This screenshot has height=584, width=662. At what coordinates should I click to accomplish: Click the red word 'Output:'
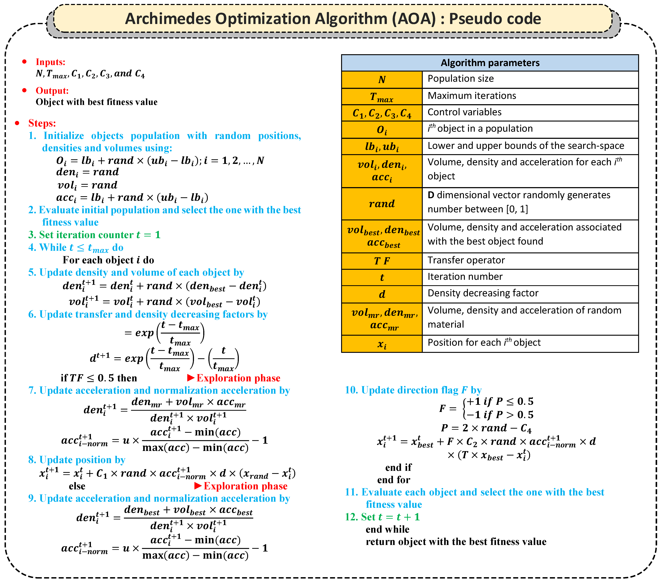tap(52, 91)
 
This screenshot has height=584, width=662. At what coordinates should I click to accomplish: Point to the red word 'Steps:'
tap(42, 123)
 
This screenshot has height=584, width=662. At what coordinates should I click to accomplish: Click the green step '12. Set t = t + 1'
tap(382, 517)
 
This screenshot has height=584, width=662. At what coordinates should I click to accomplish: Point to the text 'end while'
tap(387, 529)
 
